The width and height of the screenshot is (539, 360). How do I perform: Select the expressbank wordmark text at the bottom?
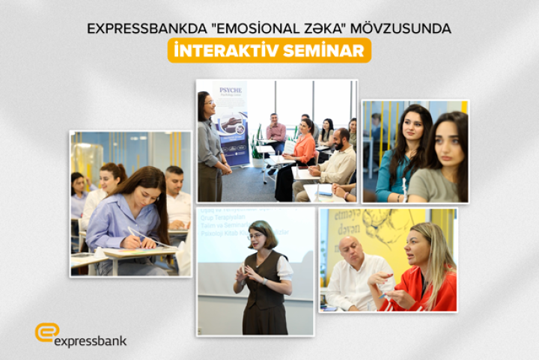(91, 341)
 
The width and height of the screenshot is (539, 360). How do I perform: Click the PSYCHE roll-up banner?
(231, 120)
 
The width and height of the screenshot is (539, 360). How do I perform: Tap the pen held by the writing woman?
(135, 235)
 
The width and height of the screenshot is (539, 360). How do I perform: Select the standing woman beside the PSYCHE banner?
(210, 146)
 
